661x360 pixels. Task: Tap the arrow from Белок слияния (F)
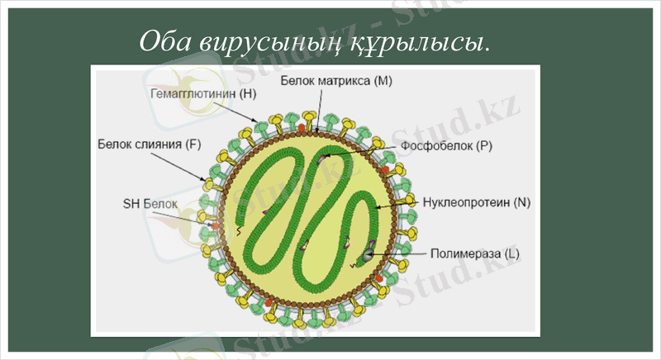188,164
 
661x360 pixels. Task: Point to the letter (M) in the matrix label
383,82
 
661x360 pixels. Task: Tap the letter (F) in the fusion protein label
193,144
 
